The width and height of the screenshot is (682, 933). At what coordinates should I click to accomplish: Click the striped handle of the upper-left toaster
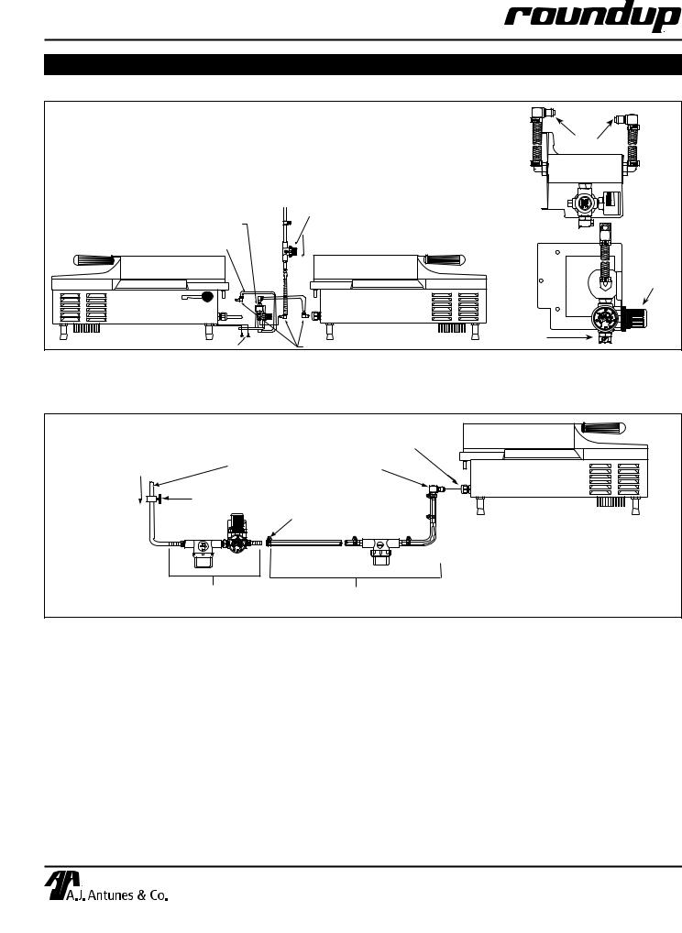(94, 260)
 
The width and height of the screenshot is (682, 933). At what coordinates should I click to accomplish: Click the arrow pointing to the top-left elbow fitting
(566, 126)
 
